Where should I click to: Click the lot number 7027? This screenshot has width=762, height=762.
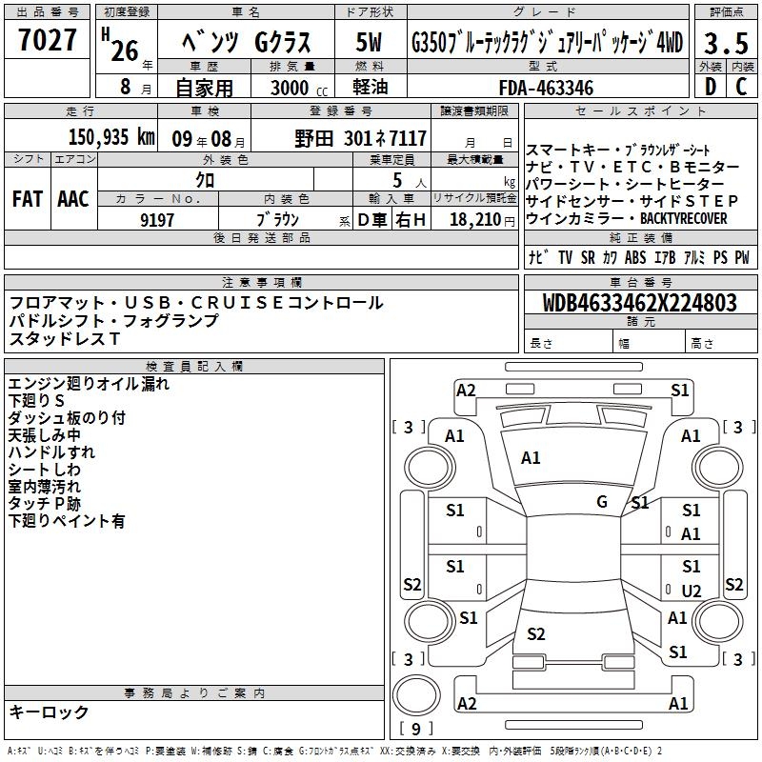click(48, 39)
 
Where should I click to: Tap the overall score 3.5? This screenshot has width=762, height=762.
click(726, 43)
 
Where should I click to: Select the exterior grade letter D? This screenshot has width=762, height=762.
click(711, 87)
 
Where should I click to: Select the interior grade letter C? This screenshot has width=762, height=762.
click(741, 87)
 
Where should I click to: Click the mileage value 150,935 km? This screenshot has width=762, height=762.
click(111, 137)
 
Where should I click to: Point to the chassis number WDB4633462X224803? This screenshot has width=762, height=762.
click(640, 303)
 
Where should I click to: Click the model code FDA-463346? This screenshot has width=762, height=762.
click(546, 88)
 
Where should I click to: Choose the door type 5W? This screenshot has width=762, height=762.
click(369, 42)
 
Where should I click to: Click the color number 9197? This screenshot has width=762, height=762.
click(157, 220)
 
